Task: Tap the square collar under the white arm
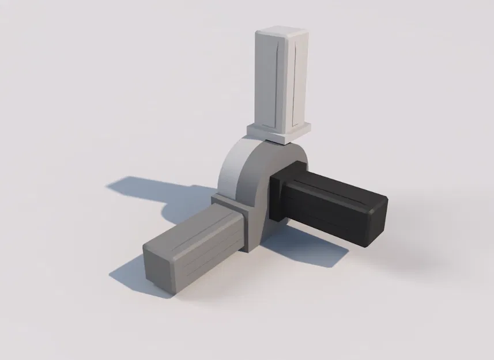coord(278,132)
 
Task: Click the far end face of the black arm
coord(376,222)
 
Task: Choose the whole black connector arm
coord(329,202)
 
